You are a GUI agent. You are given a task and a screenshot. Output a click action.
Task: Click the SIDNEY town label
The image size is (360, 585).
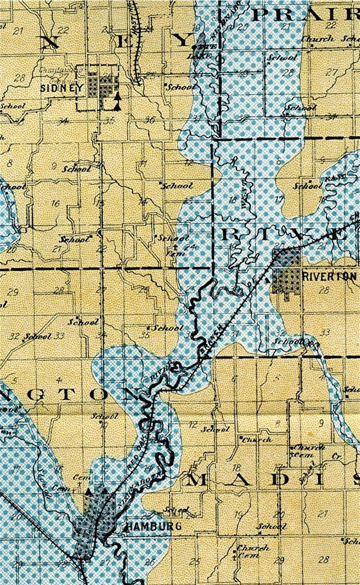[61, 88]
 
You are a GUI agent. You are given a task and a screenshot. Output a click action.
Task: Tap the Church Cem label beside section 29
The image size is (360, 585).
[253, 551]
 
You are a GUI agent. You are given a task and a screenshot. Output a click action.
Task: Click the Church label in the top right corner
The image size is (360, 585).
[318, 39]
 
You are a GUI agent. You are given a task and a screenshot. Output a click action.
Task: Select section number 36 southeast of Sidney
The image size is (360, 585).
[150, 120]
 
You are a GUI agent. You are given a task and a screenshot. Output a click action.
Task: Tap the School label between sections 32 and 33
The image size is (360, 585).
[37, 336]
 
